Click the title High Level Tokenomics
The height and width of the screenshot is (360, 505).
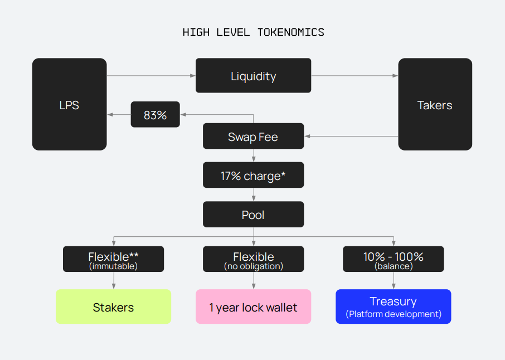tap(253, 32)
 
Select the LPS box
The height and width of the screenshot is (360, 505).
tap(69, 104)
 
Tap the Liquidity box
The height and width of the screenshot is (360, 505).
tap(253, 76)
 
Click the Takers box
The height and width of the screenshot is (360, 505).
tap(435, 104)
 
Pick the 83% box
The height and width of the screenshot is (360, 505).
tap(155, 115)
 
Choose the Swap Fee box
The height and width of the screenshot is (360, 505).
tap(253, 137)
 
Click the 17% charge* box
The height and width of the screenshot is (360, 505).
tap(253, 176)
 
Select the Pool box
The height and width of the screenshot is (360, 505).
tap(253, 215)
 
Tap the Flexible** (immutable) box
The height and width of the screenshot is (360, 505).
tap(113, 259)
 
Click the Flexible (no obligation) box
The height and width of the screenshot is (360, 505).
tap(253, 259)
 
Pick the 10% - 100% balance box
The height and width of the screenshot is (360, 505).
tap(393, 259)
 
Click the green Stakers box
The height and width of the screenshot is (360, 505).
tap(113, 307)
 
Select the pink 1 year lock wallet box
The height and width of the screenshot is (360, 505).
tap(253, 307)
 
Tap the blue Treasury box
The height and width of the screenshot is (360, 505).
tap(393, 302)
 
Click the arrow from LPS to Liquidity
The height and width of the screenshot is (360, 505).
tap(150, 76)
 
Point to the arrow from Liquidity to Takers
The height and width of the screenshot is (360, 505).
tap(355, 76)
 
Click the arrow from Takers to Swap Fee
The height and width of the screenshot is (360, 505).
tap(351, 136)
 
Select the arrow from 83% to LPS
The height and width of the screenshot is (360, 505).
tap(119, 115)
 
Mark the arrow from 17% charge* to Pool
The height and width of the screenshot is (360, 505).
tap(254, 195)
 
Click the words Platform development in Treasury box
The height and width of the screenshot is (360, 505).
tap(393, 314)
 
